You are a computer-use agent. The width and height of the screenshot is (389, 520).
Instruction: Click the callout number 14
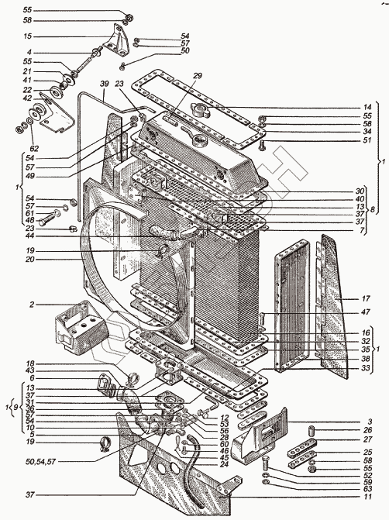pyautogui.click(x=367, y=107)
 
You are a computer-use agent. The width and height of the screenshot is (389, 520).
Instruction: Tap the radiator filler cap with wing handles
pyautogui.click(x=200, y=109)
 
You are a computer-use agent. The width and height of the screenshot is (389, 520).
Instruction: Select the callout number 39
pyautogui.click(x=104, y=84)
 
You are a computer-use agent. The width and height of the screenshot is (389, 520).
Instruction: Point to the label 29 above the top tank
pyautogui.click(x=197, y=76)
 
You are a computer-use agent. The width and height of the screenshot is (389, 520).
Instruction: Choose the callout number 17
pyautogui.click(x=366, y=298)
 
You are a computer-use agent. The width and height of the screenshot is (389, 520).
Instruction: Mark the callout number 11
pyautogui.click(x=367, y=497)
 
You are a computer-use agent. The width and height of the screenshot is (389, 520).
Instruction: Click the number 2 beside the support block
pyautogui.click(x=32, y=304)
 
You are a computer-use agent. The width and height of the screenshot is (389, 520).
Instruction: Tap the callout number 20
pyautogui.click(x=30, y=259)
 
